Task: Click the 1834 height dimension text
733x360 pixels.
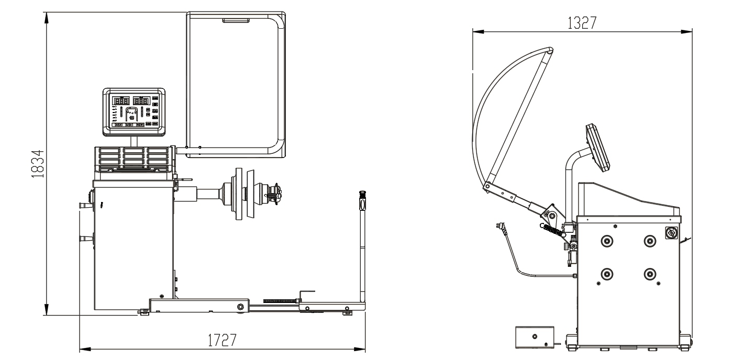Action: pos(38,164)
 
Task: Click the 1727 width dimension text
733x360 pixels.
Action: pos(222,340)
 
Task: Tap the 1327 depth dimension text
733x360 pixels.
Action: pos(582,23)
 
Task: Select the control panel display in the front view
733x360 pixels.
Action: pos(134,111)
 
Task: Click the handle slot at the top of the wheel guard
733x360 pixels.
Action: pos(236,21)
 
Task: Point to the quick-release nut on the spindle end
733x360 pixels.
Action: pos(274,195)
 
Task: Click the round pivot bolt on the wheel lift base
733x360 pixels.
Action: pos(241,307)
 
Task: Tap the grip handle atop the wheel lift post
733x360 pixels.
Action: pos(362,200)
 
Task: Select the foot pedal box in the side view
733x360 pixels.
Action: pos(535,337)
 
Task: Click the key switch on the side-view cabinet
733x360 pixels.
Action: pos(671,233)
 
